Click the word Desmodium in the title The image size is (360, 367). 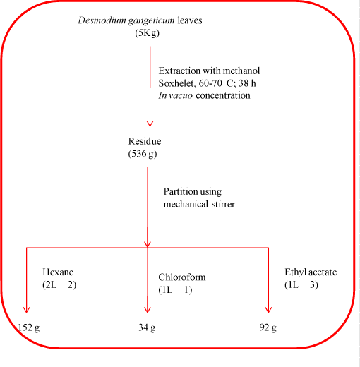click(102, 20)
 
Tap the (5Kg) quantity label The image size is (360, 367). click(147, 33)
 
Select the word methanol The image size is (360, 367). click(241, 71)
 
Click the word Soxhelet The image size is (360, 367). click(177, 83)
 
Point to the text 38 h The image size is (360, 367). click(247, 83)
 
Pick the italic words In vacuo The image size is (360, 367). click(175, 95)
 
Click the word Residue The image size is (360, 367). click(145, 141)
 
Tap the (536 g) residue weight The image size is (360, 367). click(143, 154)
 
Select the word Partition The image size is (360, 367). click(181, 191)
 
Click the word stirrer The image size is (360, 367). click(223, 204)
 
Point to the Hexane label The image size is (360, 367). click(58, 272)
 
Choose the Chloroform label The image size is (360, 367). click(182, 277)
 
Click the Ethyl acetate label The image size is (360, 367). click(311, 272)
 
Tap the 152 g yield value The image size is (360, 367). click(29, 327)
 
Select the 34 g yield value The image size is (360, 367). click(147, 327)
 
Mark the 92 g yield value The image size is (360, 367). click(268, 327)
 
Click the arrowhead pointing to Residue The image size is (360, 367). click(150, 124)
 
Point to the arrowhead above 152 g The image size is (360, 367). click(26, 310)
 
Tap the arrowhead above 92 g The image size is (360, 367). click(268, 310)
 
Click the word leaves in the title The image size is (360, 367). click(190, 20)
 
